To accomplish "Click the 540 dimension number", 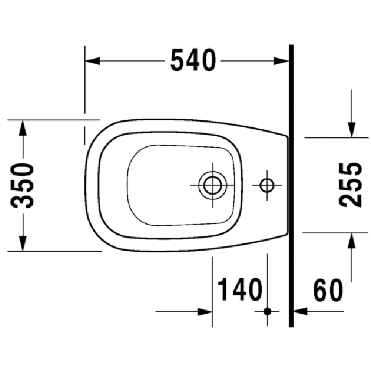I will pyautogui.click(x=193, y=60).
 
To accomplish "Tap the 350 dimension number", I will pyautogui.click(x=24, y=185).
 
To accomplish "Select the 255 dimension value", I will pyautogui.click(x=351, y=184).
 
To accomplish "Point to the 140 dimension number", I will pyautogui.click(x=240, y=290).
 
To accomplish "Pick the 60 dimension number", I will pyautogui.click(x=328, y=290).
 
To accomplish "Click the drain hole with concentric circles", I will pyautogui.click(x=213, y=185).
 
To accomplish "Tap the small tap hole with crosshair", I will pyautogui.click(x=267, y=185).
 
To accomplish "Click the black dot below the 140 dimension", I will pyautogui.click(x=267, y=311).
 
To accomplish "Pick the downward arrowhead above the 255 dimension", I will pyautogui.click(x=351, y=129).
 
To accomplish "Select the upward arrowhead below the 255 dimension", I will pyautogui.click(x=351, y=240).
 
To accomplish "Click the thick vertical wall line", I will pyautogui.click(x=291, y=185).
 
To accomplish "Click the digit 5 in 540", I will pyautogui.click(x=178, y=60).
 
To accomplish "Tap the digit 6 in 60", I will pyautogui.click(x=320, y=290).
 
